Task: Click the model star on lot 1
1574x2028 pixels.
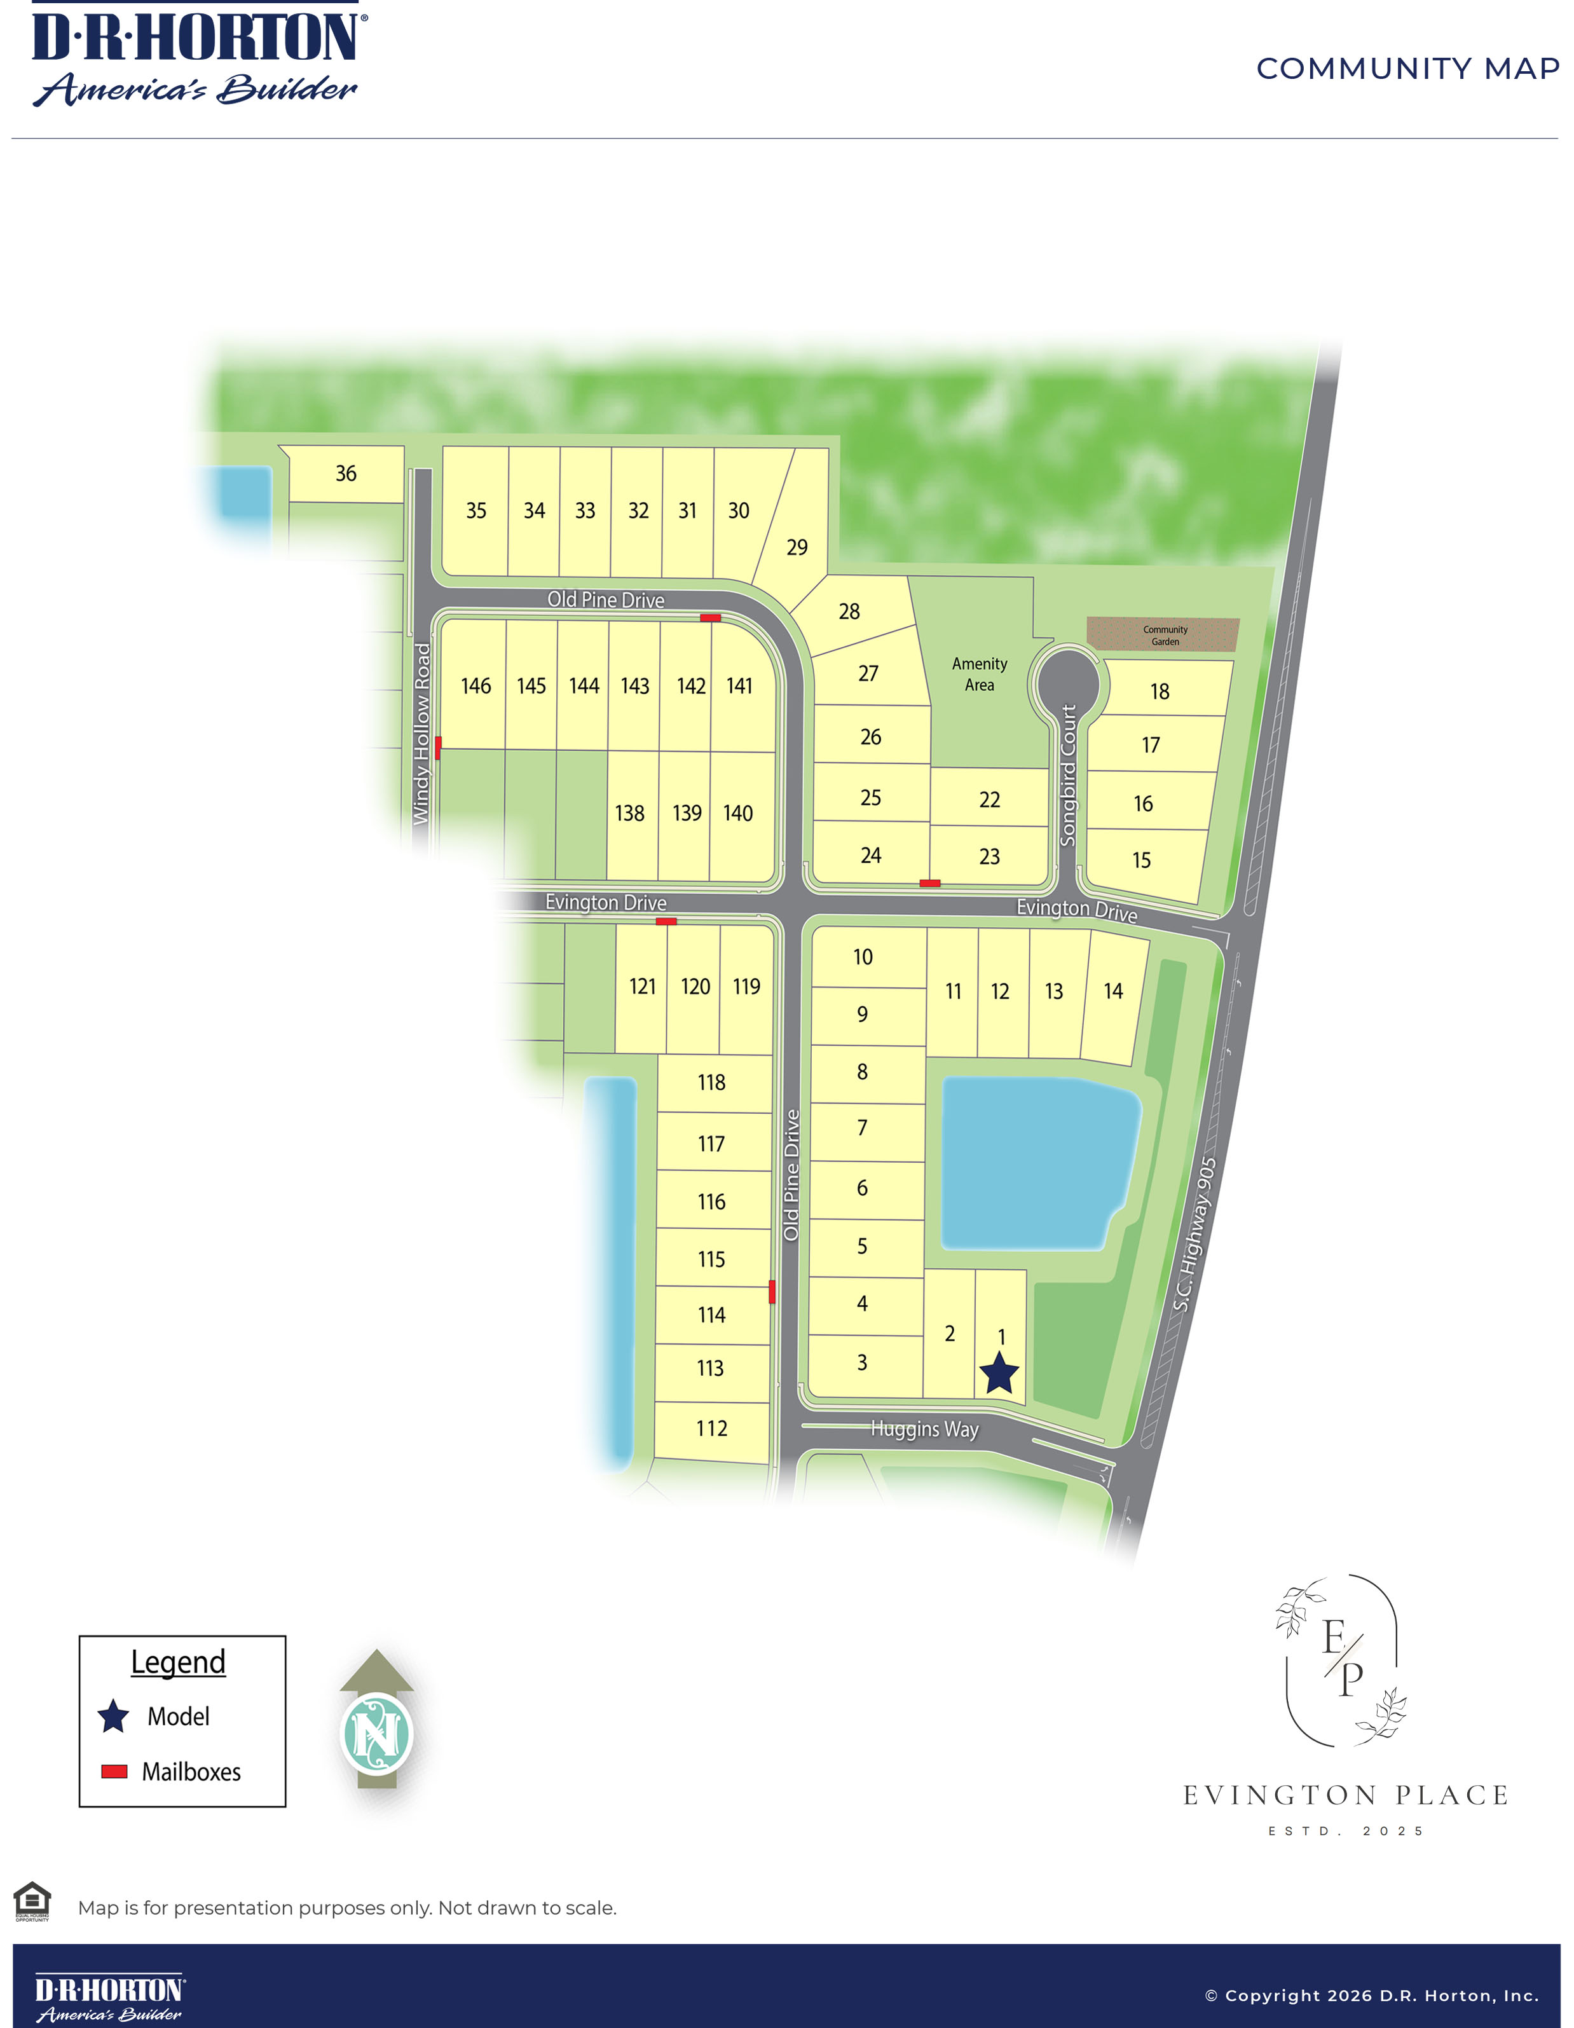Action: tap(999, 1373)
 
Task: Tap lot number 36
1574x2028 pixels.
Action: tap(345, 474)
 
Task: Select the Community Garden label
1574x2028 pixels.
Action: tap(1165, 635)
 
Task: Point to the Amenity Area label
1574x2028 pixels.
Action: tap(979, 674)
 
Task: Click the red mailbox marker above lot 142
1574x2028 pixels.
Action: tap(710, 617)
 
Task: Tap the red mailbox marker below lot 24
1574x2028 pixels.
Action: tap(929, 883)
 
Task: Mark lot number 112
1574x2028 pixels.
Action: tap(711, 1428)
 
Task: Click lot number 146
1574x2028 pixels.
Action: tap(476, 686)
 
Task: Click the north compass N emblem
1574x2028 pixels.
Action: tap(377, 1733)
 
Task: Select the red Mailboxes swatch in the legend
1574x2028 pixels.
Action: tap(114, 1771)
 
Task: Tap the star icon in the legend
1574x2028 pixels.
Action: tap(113, 1716)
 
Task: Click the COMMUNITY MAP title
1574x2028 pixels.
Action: tap(1407, 69)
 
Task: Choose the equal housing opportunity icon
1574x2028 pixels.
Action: tap(32, 1900)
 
